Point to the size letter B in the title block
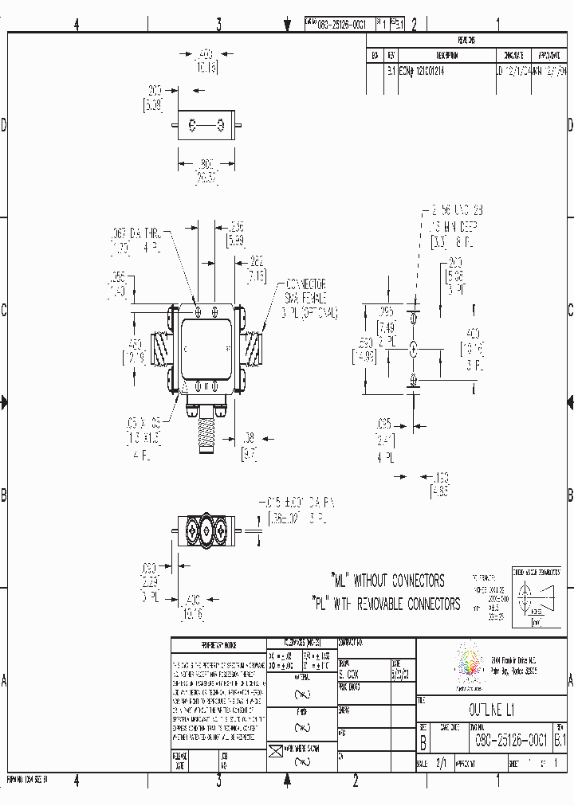pos(423,741)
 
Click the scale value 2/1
pos(439,762)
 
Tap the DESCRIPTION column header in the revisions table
pos(446,56)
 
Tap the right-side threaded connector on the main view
pos(253,346)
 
